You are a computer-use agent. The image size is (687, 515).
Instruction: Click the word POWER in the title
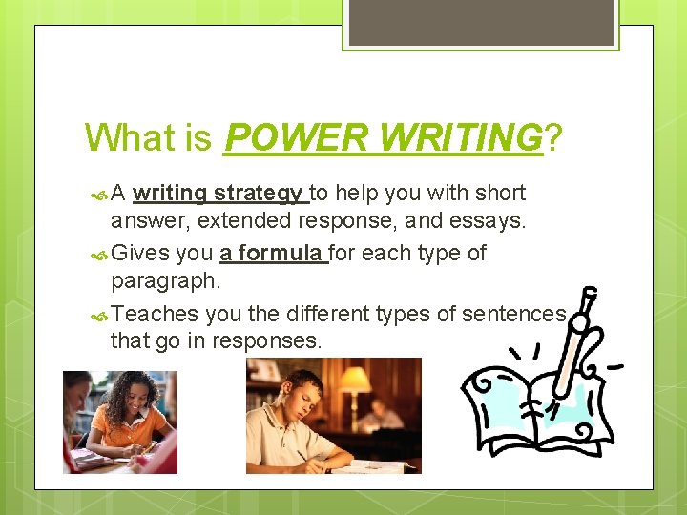(x=297, y=138)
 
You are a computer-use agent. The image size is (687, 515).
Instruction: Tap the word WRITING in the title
(x=461, y=138)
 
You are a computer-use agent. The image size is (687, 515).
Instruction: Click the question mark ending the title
(x=552, y=138)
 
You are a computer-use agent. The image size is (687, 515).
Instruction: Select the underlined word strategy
(x=258, y=194)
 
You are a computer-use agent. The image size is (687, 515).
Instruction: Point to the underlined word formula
(x=282, y=254)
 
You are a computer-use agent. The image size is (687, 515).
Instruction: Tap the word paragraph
(x=165, y=282)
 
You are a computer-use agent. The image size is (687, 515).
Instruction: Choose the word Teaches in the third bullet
(x=155, y=314)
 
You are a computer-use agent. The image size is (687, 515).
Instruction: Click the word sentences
(x=514, y=314)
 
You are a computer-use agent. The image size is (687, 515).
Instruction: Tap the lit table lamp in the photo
(x=355, y=381)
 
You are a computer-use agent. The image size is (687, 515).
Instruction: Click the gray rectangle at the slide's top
(x=480, y=22)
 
